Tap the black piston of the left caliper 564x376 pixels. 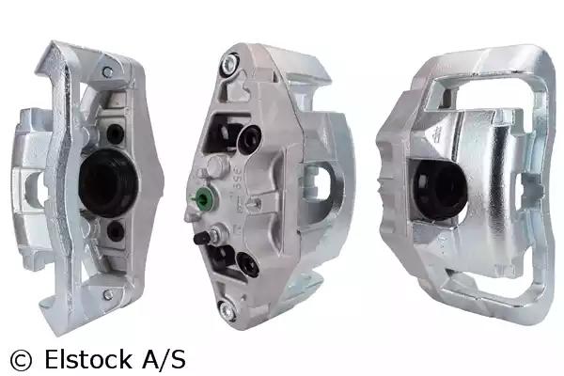click(108, 182)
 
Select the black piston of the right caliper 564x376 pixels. click(440, 190)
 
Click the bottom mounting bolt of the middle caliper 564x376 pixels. click(228, 310)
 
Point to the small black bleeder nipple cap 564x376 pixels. click(201, 238)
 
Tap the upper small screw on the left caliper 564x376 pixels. click(107, 72)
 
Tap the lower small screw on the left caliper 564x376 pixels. click(108, 294)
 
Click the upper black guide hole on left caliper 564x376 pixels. click(116, 133)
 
